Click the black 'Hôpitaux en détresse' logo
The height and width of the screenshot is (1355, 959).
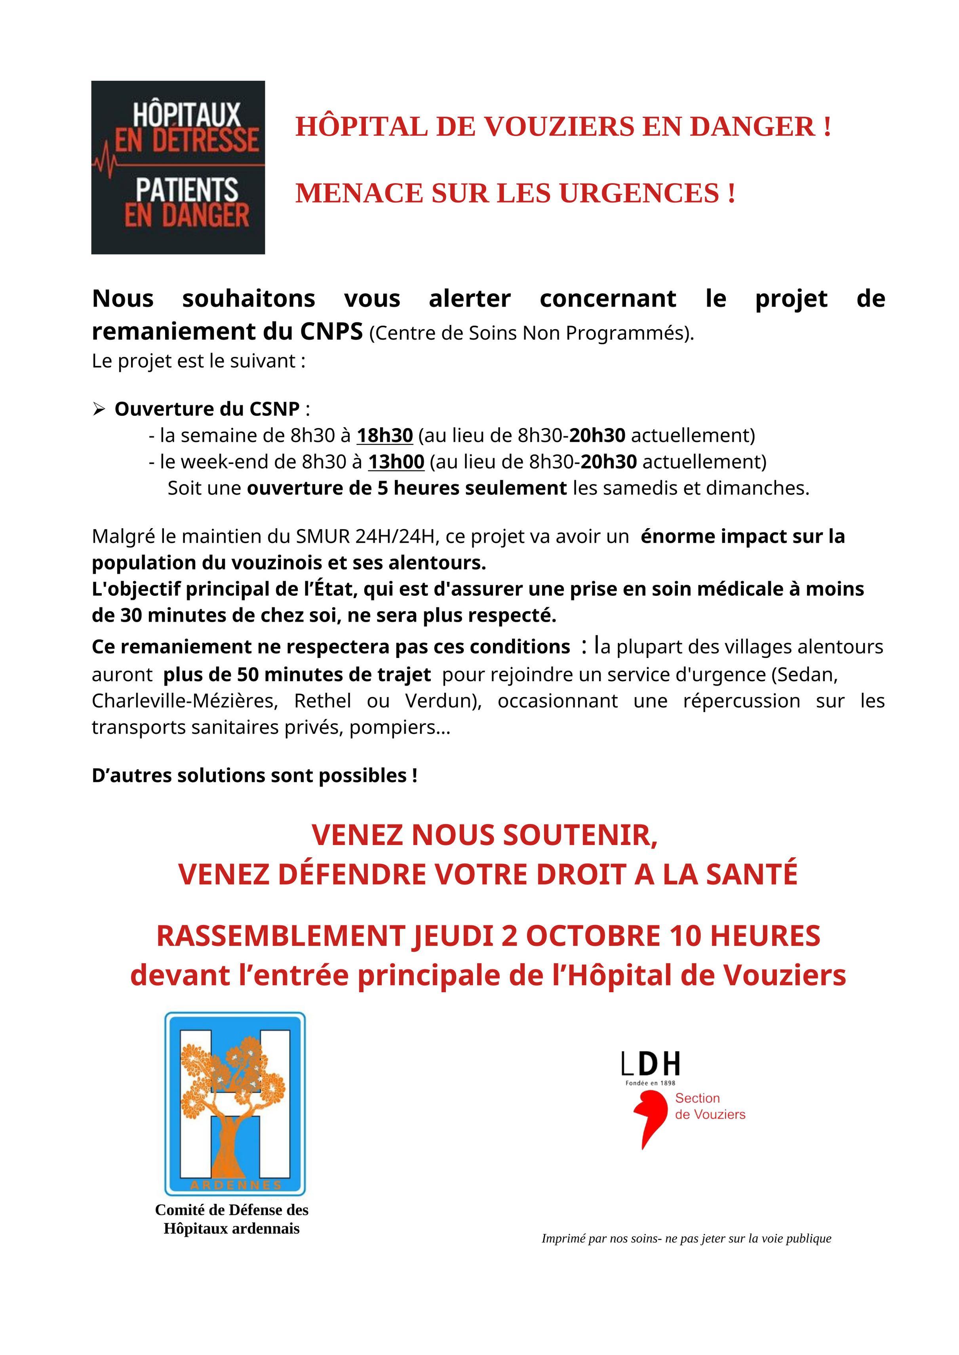coord(178,168)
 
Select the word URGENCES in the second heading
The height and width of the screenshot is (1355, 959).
coord(639,193)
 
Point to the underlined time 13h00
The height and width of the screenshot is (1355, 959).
coord(396,462)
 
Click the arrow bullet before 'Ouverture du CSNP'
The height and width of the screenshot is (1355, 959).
coord(99,409)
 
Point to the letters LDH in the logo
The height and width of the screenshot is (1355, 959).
coord(651,1064)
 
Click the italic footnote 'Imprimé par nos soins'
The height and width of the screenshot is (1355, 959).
coord(686,1238)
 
